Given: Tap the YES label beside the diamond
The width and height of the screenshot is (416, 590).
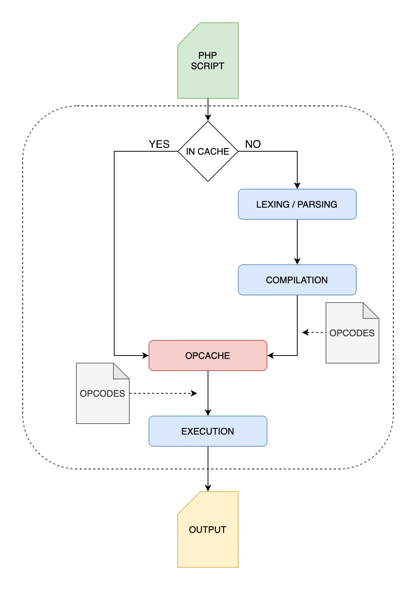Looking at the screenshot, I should point(159,144).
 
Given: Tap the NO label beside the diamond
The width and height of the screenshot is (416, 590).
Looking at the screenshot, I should point(253,144).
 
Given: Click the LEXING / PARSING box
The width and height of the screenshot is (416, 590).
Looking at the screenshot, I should point(297,204).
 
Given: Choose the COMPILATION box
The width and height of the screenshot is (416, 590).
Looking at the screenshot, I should point(297,280).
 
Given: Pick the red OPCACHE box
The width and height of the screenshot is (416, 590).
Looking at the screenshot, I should point(208,356).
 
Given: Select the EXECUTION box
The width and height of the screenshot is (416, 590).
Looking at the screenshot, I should point(208,431).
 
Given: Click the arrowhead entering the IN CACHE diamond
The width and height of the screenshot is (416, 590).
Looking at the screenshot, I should point(208,118).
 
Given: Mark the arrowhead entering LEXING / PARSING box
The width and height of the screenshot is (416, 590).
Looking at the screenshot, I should point(297,186).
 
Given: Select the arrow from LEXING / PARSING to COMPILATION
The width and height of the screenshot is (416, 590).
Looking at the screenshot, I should point(297,242).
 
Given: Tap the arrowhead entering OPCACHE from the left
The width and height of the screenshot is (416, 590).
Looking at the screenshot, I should point(146,356).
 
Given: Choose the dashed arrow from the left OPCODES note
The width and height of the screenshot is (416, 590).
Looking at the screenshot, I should point(163,393).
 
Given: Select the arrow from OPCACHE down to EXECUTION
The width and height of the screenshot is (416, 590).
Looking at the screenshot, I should point(208,393).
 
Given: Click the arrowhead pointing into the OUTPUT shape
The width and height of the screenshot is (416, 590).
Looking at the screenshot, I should point(208,488).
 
